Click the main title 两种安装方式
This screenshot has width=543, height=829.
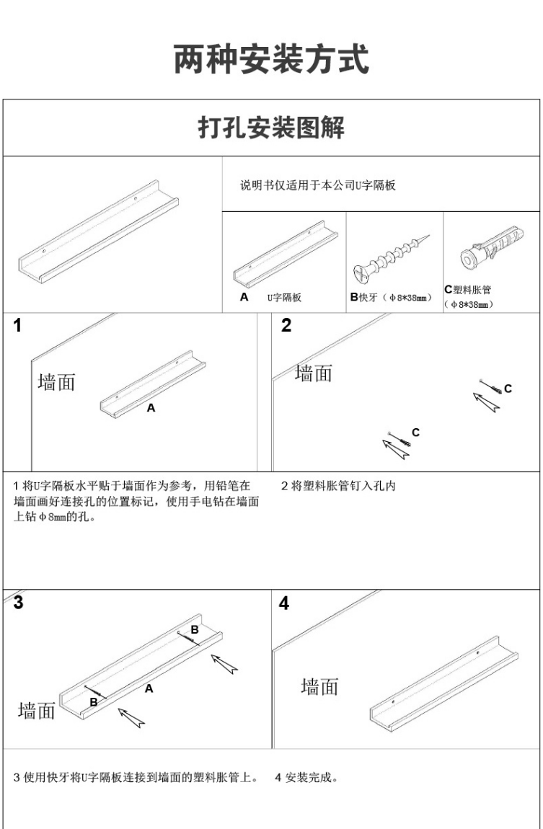pyautogui.click(x=271, y=59)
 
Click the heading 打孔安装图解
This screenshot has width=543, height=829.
pyautogui.click(x=271, y=128)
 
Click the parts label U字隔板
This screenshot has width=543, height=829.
pyautogui.click(x=284, y=298)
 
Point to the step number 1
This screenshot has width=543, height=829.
pyautogui.click(x=17, y=326)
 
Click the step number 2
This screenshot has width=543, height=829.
pyautogui.click(x=286, y=326)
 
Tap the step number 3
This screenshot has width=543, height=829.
pyautogui.click(x=19, y=603)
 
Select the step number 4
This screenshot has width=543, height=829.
pyautogui.click(x=284, y=603)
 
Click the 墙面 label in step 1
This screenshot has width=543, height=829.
pyautogui.click(x=56, y=382)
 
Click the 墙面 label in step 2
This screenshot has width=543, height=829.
pyautogui.click(x=314, y=373)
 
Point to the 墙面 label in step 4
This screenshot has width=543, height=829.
pyautogui.click(x=320, y=687)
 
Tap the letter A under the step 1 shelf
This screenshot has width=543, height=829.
pyautogui.click(x=151, y=408)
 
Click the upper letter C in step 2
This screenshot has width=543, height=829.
pyautogui.click(x=508, y=389)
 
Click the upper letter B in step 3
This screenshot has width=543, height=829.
pyautogui.click(x=195, y=630)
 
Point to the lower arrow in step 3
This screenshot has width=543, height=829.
pyautogui.click(x=131, y=718)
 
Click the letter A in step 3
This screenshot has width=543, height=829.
pyautogui.click(x=149, y=688)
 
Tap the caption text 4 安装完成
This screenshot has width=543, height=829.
pyautogui.click(x=306, y=778)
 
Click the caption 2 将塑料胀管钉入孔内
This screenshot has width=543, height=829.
pyautogui.click(x=338, y=486)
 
